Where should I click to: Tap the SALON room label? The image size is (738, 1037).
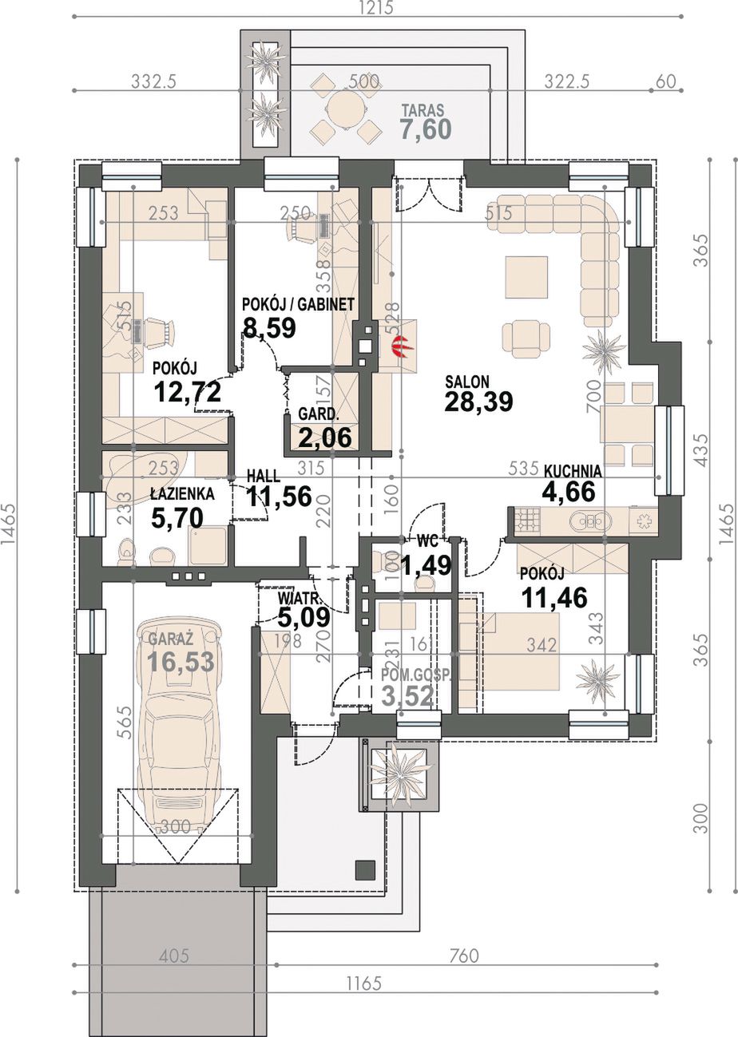(x=467, y=382)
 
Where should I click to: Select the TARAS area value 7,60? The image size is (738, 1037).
(x=427, y=129)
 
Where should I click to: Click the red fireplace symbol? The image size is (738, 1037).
(x=399, y=346)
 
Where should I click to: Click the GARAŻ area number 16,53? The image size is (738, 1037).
(x=181, y=662)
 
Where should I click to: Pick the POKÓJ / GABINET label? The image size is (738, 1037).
(x=299, y=304)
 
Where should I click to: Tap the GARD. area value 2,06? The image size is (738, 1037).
(x=325, y=437)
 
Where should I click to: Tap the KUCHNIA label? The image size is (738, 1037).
(x=573, y=471)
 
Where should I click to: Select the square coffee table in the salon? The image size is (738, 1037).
(x=526, y=277)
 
